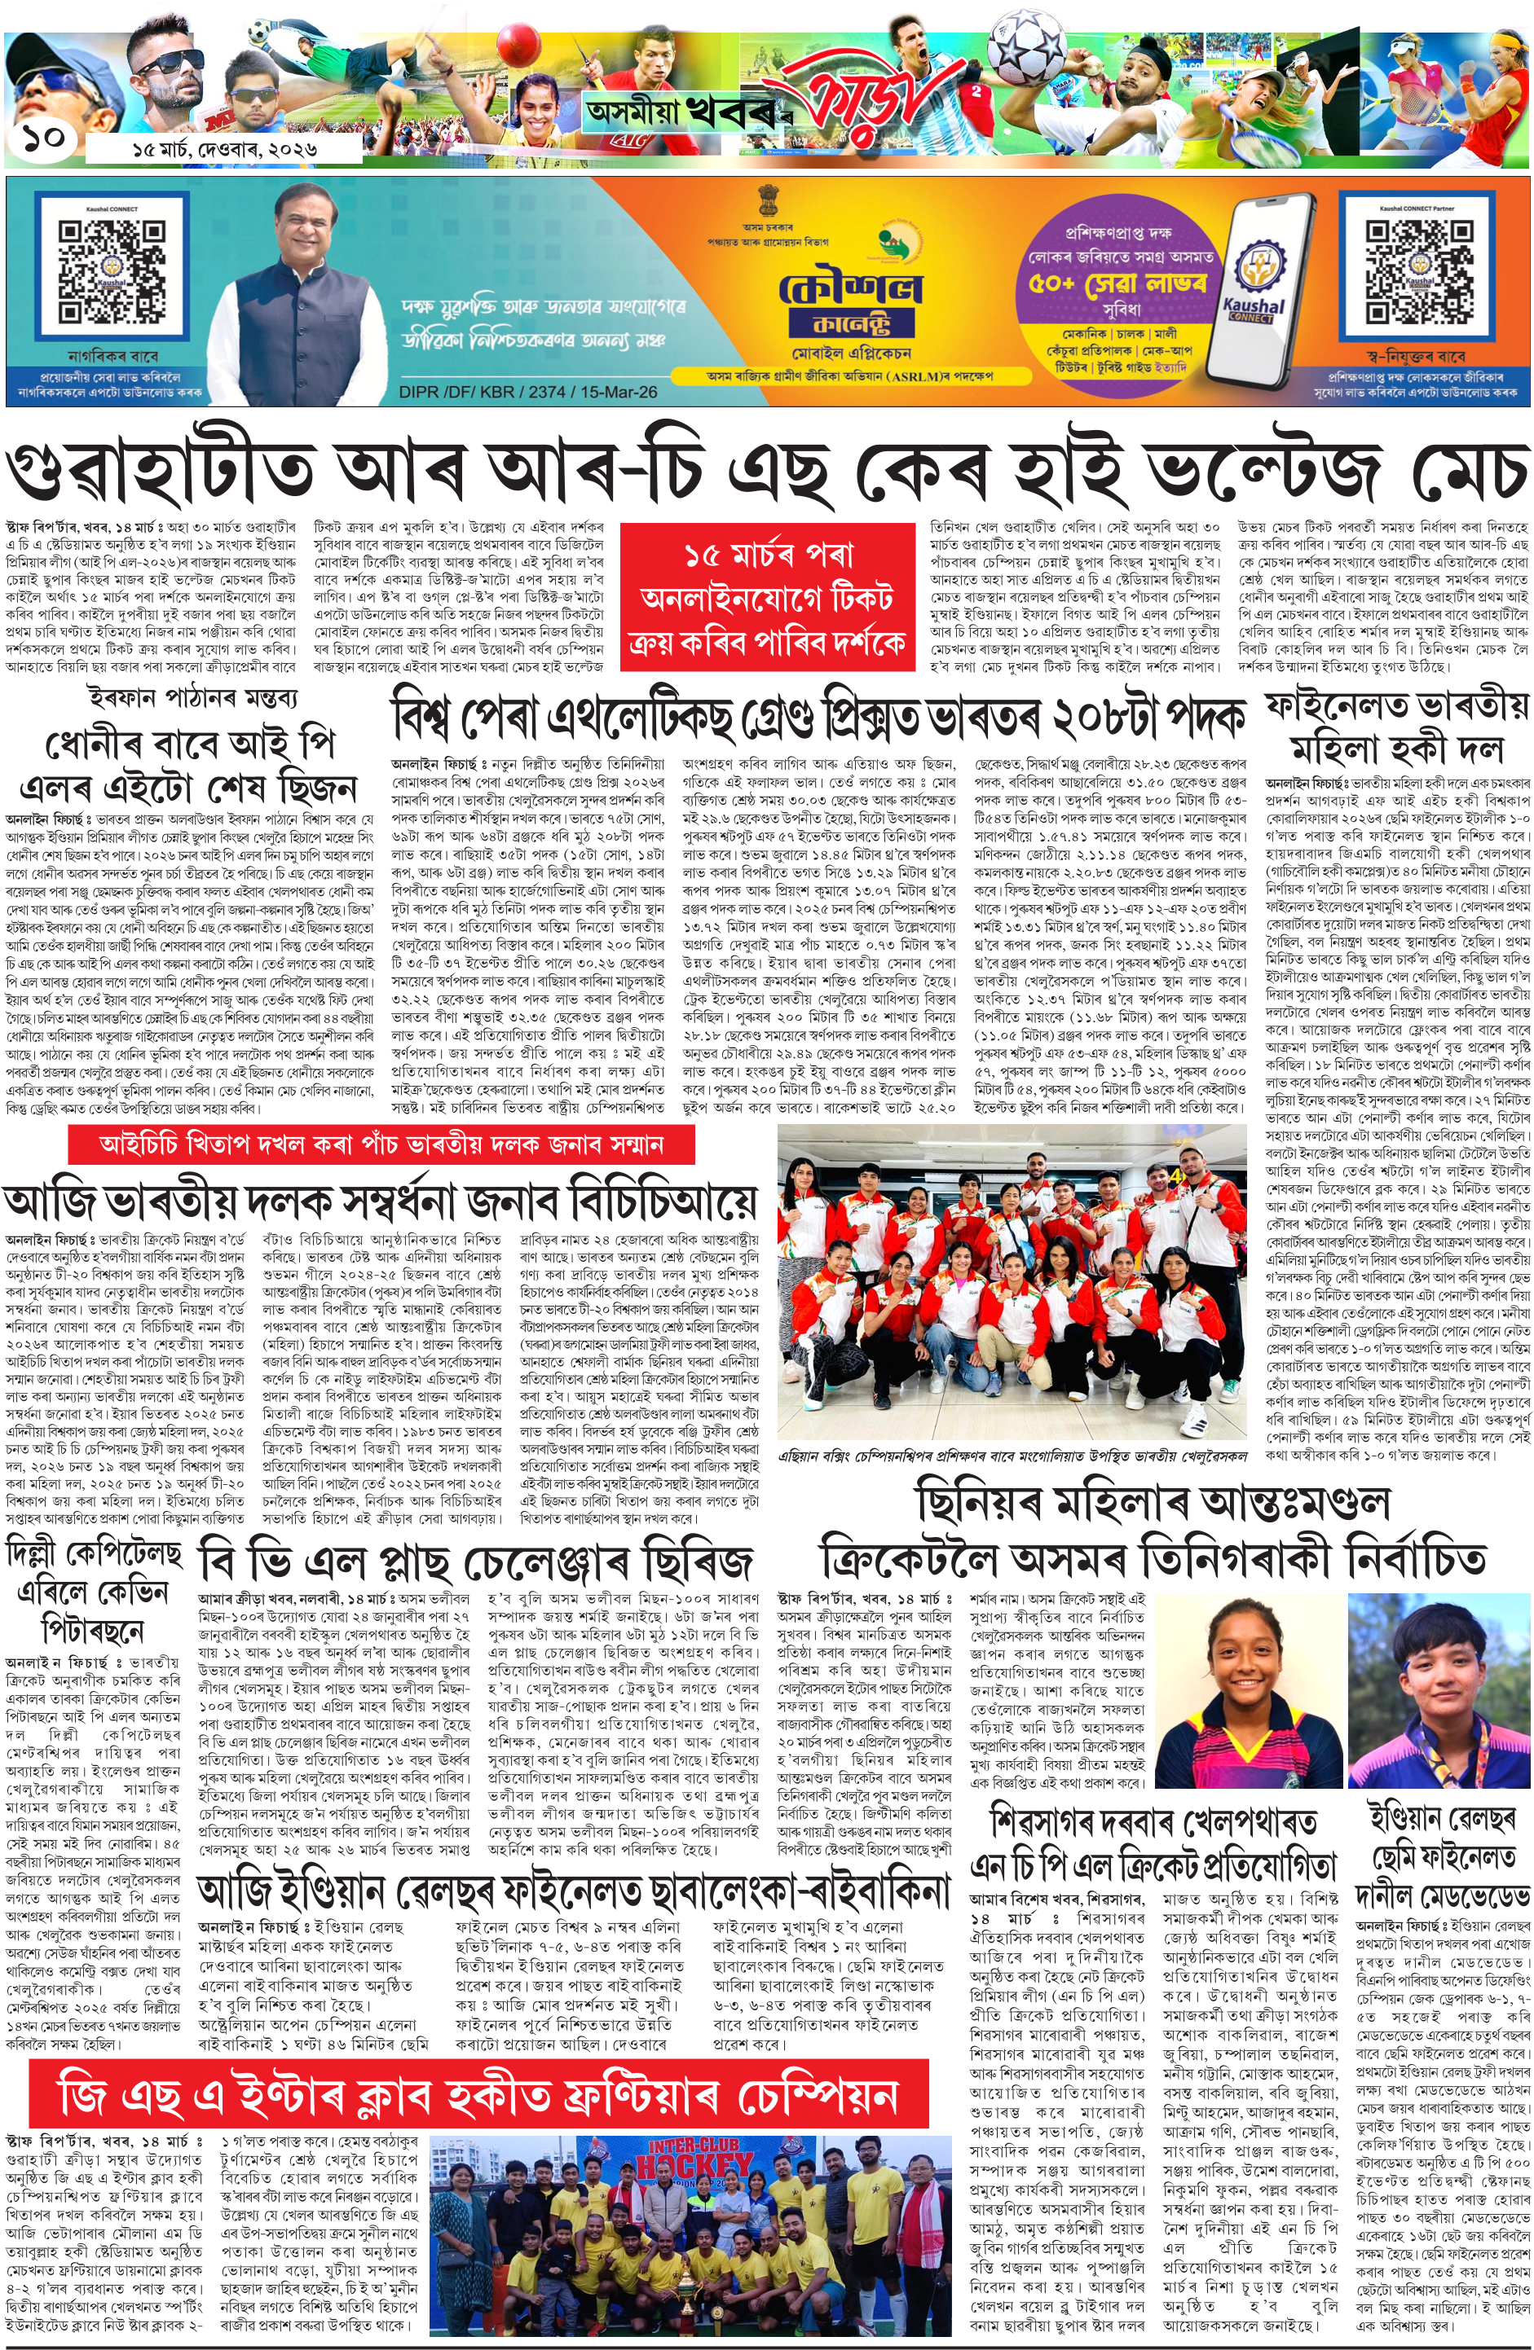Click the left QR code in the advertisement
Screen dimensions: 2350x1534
[111, 273]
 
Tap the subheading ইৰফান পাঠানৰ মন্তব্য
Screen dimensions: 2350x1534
[191, 697]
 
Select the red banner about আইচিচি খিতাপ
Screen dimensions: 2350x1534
[381, 1144]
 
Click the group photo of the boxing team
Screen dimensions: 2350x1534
[1012, 1283]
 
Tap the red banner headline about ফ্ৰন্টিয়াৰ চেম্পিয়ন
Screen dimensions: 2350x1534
[478, 2096]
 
